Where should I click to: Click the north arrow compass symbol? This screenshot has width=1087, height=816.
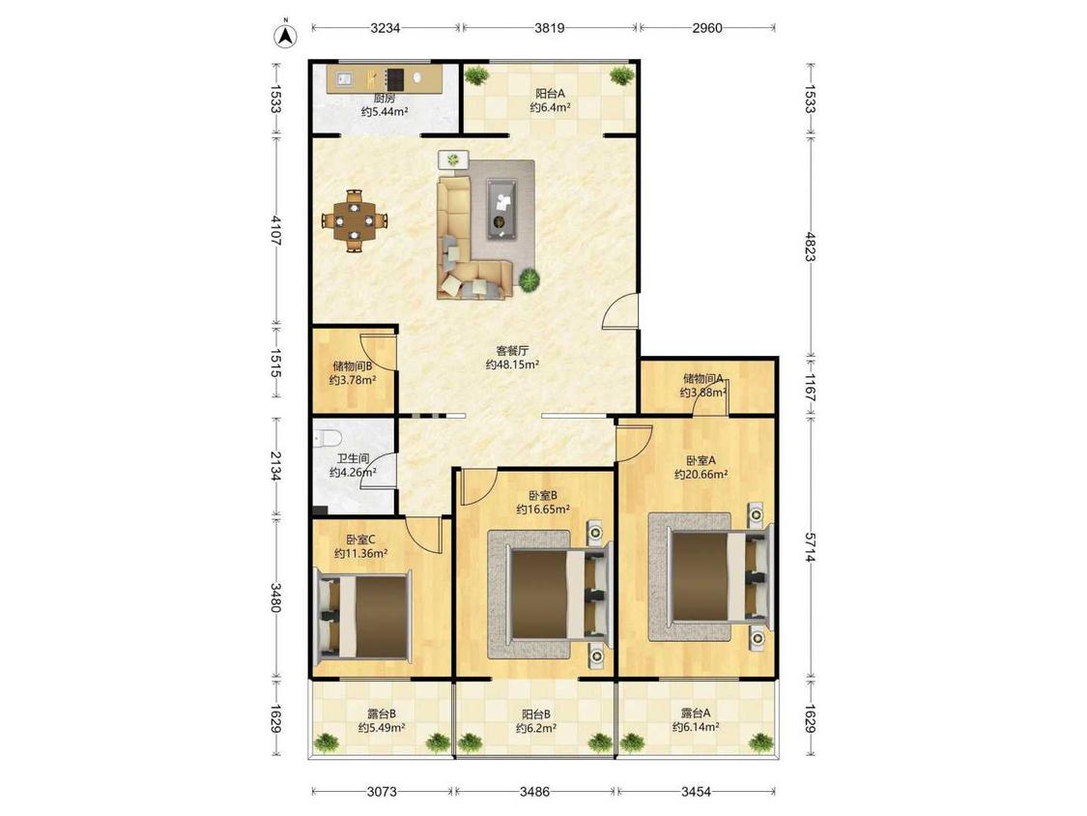coord(284,36)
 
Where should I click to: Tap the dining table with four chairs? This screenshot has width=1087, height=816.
coord(355,221)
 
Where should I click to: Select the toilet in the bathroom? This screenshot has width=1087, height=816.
coord(326,438)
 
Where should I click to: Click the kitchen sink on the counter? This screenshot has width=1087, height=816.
coord(345,79)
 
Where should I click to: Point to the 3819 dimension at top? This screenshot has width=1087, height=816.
coord(549,28)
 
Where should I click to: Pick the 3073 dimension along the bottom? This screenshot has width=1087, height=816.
coord(382,791)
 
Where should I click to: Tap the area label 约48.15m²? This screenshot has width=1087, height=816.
coord(512,364)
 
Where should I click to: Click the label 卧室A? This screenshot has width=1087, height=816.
coord(701,460)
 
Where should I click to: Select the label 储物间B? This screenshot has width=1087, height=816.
coord(353,365)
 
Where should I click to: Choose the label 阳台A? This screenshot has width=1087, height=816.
coord(550,93)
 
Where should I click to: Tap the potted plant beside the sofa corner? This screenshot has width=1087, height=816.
coord(529,279)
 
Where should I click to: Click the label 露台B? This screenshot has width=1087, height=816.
coord(382,714)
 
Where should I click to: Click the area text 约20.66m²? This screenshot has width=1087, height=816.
coord(701,475)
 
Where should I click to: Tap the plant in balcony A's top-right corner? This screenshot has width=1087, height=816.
coord(622,75)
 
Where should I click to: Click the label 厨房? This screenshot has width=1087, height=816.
coord(384,99)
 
